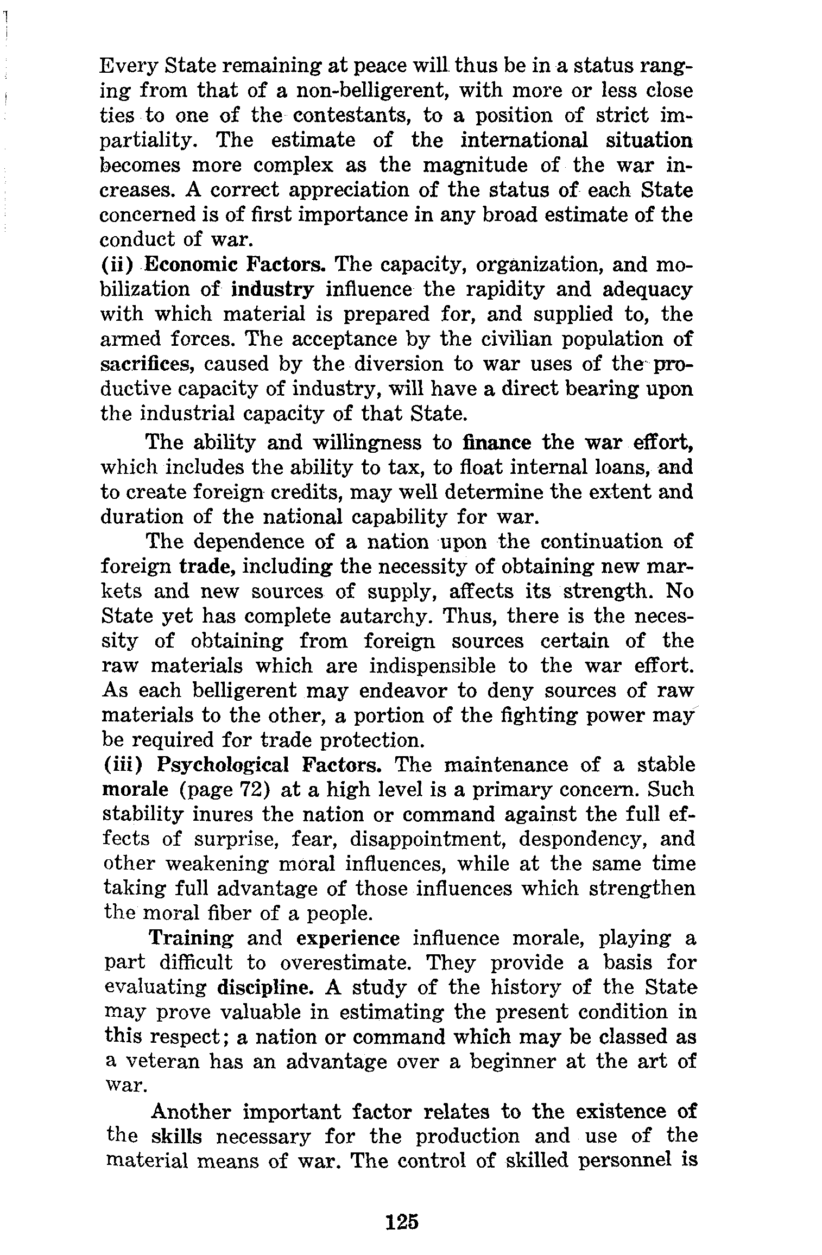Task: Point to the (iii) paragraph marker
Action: [x=123, y=765]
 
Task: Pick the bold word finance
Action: [x=497, y=443]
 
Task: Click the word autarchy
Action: [x=387, y=617]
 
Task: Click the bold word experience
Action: [x=348, y=939]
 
